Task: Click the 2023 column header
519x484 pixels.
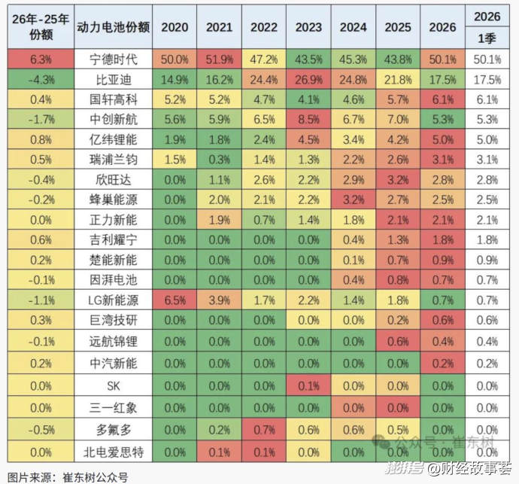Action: pyautogui.click(x=308, y=27)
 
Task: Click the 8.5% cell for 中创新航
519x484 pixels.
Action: pyautogui.click(x=308, y=119)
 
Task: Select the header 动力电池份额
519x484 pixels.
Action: pyautogui.click(x=112, y=27)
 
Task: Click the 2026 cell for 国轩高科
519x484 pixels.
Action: pyautogui.click(x=442, y=99)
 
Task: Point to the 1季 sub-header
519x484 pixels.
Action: pyautogui.click(x=487, y=37)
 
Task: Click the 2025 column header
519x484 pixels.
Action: pyautogui.click(x=398, y=27)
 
